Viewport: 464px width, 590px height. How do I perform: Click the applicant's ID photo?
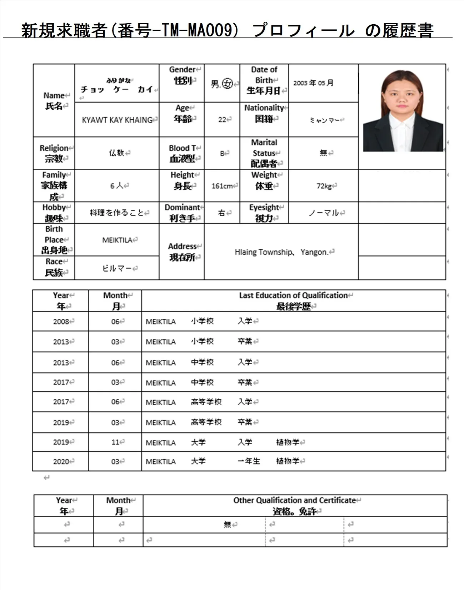(403, 111)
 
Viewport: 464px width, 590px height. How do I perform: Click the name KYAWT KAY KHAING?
(117, 120)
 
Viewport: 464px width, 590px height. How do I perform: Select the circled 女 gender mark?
(227, 84)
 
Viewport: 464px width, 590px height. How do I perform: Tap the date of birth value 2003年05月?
(313, 83)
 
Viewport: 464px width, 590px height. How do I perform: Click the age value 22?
(222, 120)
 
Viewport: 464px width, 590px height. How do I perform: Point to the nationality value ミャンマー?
(324, 120)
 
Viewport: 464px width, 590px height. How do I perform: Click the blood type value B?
(222, 153)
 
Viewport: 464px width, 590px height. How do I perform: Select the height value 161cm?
(222, 186)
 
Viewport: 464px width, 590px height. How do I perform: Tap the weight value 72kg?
(324, 186)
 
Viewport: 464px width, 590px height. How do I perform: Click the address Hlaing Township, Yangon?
(281, 252)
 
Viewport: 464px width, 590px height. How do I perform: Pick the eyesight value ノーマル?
(324, 213)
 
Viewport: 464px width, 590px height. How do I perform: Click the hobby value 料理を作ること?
(117, 213)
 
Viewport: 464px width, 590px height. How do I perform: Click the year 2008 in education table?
(61, 322)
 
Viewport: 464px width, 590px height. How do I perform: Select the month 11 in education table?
(115, 442)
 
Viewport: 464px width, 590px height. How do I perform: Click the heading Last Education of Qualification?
(293, 296)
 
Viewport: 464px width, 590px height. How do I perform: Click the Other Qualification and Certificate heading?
(295, 500)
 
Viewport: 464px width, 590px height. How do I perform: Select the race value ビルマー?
(117, 268)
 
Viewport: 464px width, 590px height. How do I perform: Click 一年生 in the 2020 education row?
(249, 461)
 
